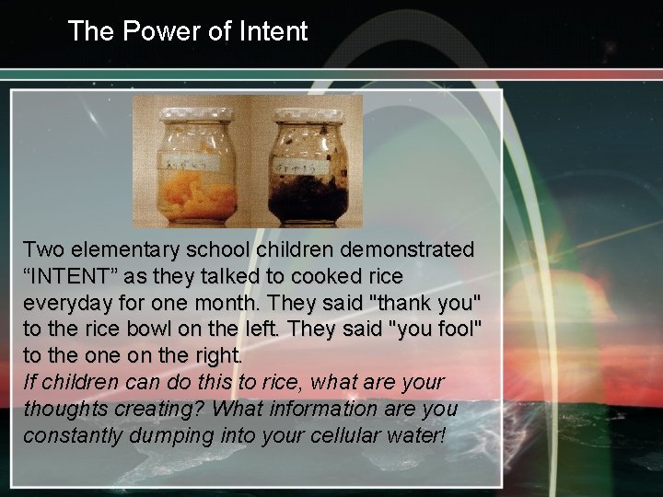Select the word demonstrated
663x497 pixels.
click(x=408, y=249)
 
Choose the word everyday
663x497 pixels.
click(x=67, y=302)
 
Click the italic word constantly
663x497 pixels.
click(x=72, y=434)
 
